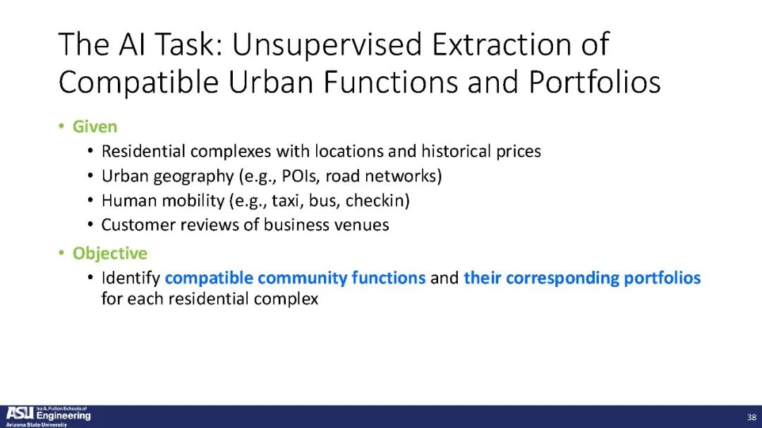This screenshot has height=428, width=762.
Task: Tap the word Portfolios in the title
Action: point(595,82)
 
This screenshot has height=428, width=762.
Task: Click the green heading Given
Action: point(95,127)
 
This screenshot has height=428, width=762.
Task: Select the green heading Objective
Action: point(110,254)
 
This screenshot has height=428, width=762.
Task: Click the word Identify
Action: point(131,279)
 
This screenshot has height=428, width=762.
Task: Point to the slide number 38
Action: point(751,417)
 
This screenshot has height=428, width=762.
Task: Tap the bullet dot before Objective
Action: point(61,253)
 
